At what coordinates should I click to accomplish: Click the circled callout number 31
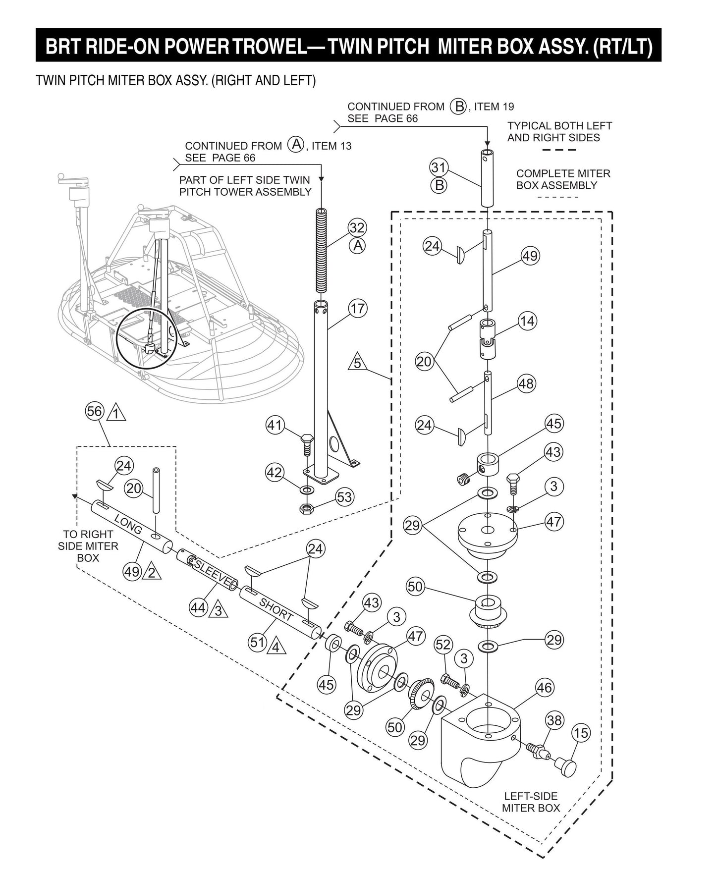(x=438, y=167)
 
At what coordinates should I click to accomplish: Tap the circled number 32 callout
(x=357, y=228)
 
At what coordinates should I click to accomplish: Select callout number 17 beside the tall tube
(x=357, y=308)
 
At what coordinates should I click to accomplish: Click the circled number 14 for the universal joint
(x=527, y=321)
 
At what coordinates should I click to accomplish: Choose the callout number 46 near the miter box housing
(x=544, y=687)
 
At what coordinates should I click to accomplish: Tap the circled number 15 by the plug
(x=581, y=732)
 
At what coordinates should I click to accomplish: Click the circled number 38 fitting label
(x=554, y=719)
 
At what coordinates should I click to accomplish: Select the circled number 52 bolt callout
(x=443, y=645)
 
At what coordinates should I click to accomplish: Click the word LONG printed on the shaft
(x=128, y=524)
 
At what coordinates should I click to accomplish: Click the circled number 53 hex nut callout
(x=344, y=496)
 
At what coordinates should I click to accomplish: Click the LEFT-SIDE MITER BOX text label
(x=531, y=802)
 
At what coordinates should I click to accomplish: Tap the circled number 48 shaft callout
(x=526, y=383)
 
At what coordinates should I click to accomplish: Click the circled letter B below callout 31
(x=439, y=186)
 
